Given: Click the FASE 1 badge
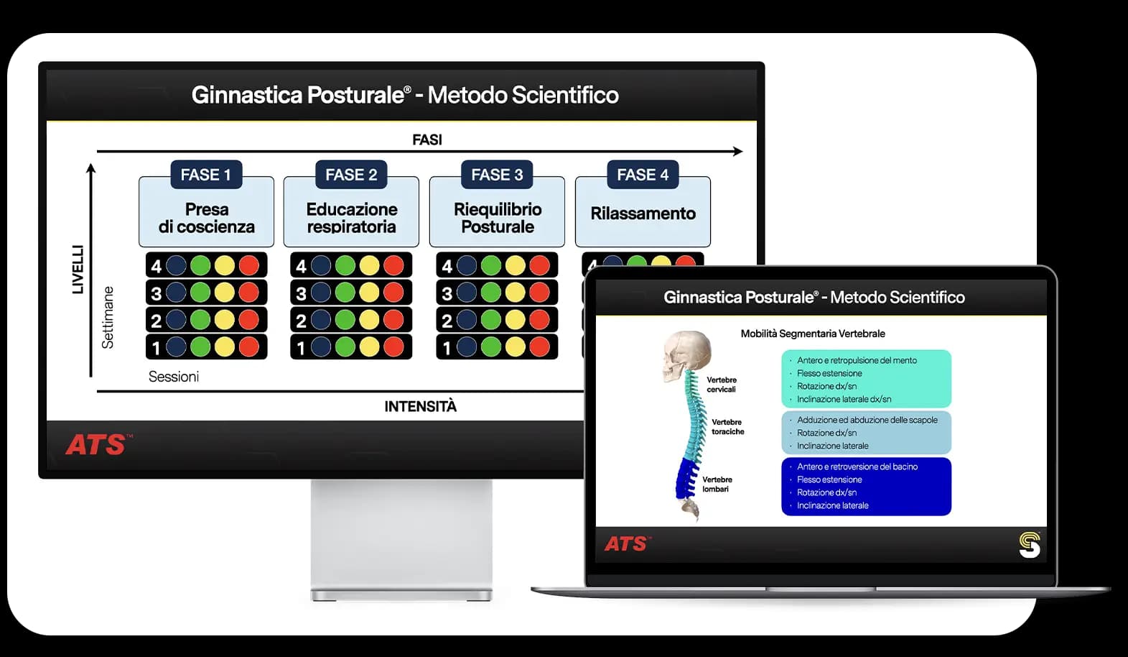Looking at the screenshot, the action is coord(206,175).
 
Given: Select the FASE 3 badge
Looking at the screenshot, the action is coord(497,175).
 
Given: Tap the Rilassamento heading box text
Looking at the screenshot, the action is coord(643,213).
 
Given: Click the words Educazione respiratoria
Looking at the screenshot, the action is coord(352,218).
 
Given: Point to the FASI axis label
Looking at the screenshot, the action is coord(427,139).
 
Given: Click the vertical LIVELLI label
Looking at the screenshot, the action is coord(78,270).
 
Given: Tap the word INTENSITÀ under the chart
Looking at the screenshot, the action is coord(421,406).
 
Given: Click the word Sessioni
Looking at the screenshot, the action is coord(174,377).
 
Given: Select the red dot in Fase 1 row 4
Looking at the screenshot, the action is coord(248,265).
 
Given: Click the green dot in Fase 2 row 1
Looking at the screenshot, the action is coord(345,347).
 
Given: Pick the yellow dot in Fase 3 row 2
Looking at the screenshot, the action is coord(515,320).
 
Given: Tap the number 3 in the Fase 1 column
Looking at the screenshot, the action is coord(156,293).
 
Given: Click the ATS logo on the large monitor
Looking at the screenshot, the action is coord(98,444).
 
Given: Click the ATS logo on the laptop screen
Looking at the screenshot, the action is coord(628,544).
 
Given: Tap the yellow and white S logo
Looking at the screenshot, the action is coord(1030,545).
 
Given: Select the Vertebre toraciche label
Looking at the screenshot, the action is coord(727,426).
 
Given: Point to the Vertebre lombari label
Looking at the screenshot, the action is coord(717,484).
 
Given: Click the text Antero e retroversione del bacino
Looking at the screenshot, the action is coord(857,467).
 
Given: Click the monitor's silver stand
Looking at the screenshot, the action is coord(401,540).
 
